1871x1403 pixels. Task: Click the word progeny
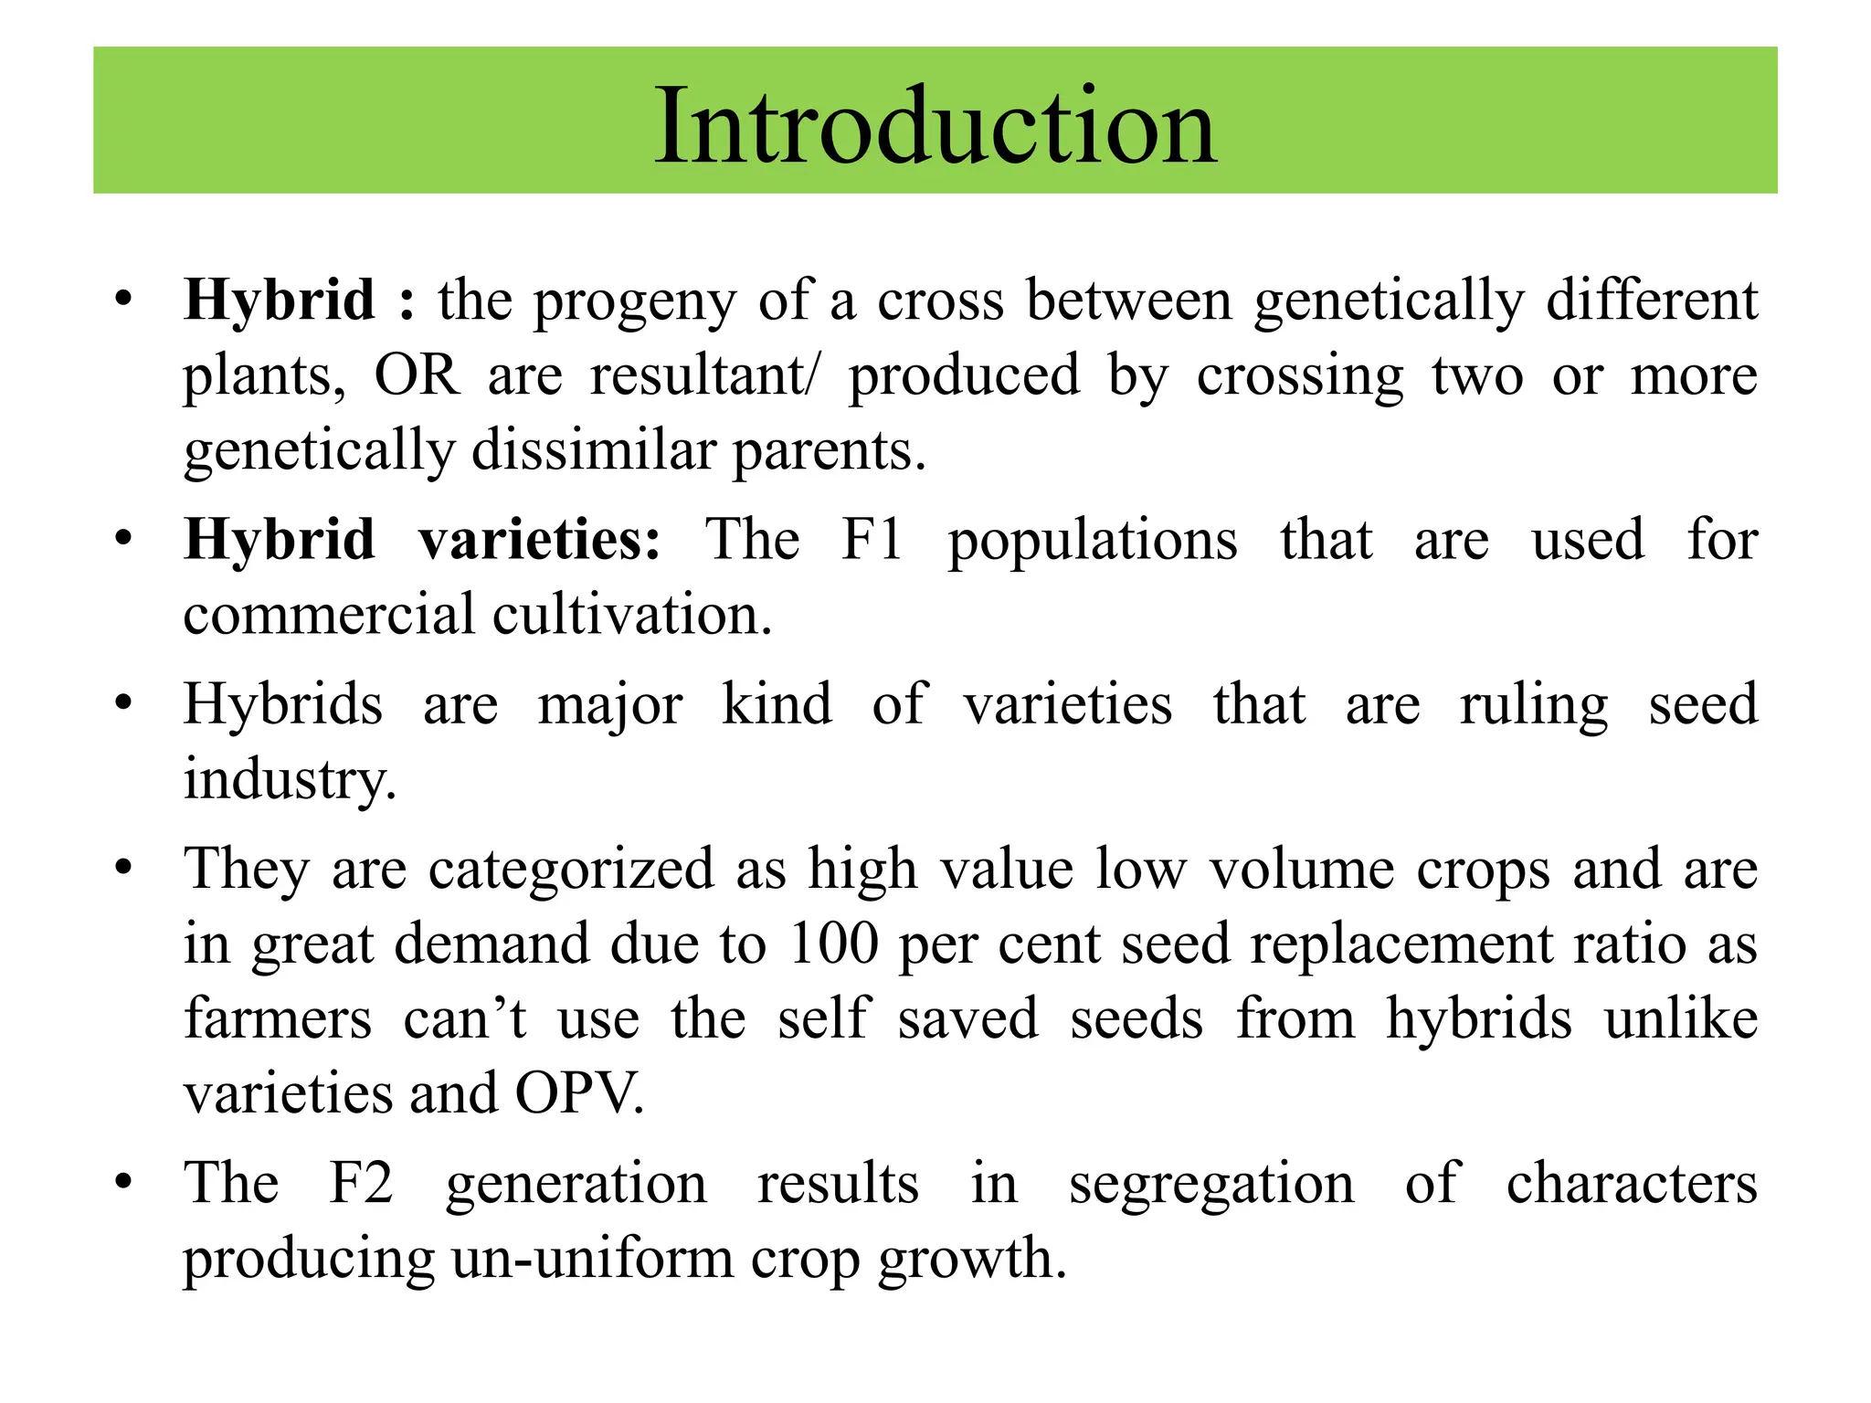[634, 303]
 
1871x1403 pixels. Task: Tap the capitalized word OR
[417, 374]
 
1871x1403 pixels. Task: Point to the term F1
[872, 539]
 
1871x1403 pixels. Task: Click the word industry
[289, 780]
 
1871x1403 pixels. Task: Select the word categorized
[571, 870]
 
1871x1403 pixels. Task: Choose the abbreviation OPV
[579, 1092]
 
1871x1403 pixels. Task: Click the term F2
[361, 1183]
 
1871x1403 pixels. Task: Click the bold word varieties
[539, 539]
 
